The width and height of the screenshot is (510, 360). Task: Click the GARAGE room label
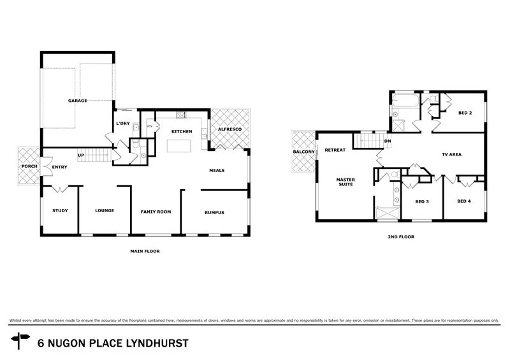(x=78, y=101)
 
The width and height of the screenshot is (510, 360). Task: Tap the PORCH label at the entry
(x=29, y=167)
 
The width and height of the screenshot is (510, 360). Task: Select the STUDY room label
(x=60, y=211)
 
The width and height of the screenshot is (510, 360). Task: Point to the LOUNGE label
(x=104, y=211)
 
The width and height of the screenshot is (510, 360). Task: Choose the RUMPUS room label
(x=214, y=212)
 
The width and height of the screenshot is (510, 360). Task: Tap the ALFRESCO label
(x=228, y=129)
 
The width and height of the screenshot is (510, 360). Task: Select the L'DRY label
(x=123, y=124)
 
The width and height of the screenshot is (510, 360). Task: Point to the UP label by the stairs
(x=81, y=155)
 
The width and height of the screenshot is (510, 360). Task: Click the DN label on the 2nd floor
(x=388, y=141)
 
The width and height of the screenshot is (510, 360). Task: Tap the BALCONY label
(x=303, y=152)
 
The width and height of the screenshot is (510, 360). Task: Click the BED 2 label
(x=465, y=113)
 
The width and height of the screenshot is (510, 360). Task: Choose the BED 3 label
(x=421, y=202)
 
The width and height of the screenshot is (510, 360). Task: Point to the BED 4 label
(x=464, y=202)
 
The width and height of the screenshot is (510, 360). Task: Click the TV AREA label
(x=451, y=155)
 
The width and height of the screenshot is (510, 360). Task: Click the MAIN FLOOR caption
(x=145, y=252)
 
